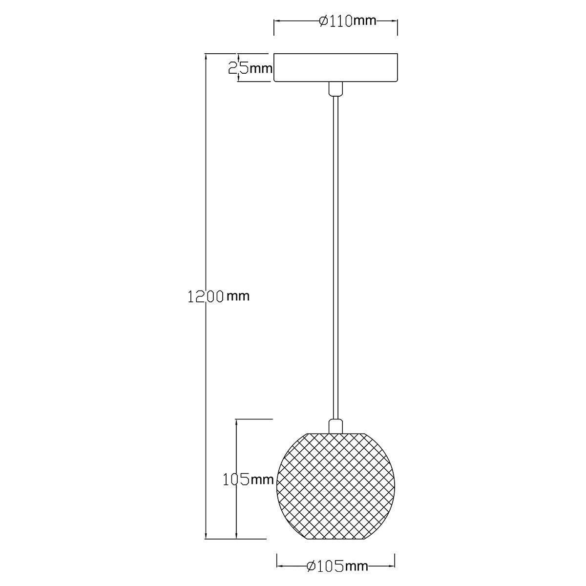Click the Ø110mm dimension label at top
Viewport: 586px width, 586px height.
348,21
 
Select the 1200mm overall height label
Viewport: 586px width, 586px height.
218,296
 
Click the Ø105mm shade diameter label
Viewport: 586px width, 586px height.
337,566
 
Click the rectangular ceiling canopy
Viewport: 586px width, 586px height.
335,67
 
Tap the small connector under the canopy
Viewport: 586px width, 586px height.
335,89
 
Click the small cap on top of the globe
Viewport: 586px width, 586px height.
335,426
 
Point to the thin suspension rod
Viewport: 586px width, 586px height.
335,257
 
